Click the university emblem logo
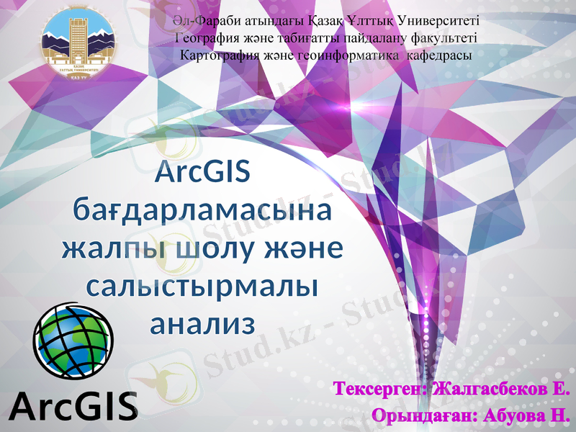tap(77, 41)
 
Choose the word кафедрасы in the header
tap(439, 55)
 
